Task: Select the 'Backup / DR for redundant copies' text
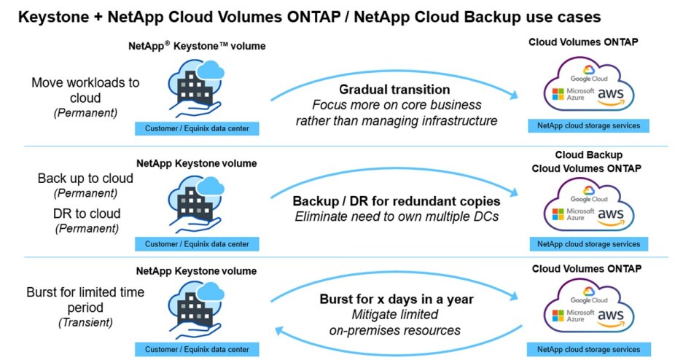pos(396,200)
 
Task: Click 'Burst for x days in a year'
pos(396,299)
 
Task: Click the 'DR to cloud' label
pos(87,214)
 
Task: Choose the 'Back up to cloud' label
pos(85,179)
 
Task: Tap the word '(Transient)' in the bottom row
pos(86,323)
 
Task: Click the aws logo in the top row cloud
pos(610,95)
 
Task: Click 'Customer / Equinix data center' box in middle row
pos(197,244)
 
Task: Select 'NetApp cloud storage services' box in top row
pos(588,125)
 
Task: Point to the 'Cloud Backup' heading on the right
pos(588,155)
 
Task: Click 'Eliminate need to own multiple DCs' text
pos(396,216)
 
